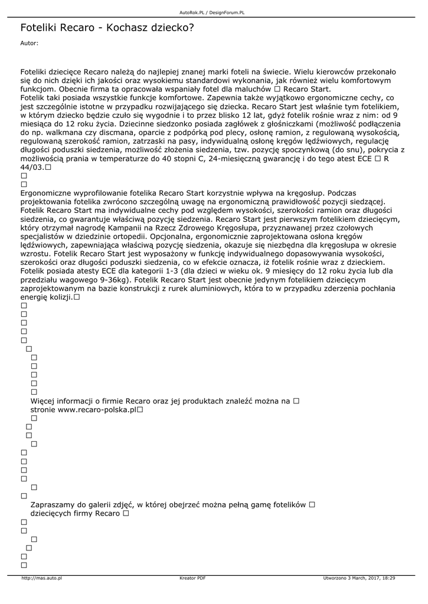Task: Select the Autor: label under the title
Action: [x=29, y=43]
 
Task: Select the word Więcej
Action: [x=45, y=401]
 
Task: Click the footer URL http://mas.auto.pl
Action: [x=41, y=578]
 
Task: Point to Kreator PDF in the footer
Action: [x=192, y=578]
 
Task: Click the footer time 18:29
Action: [x=388, y=578]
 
